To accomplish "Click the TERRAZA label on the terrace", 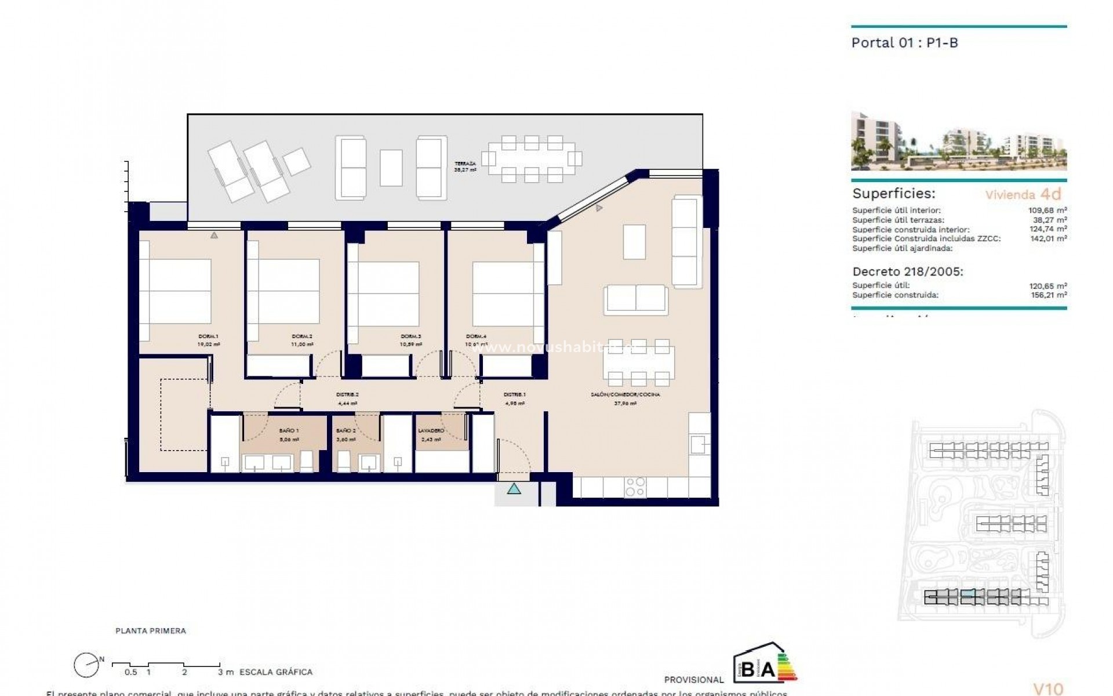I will (x=465, y=164).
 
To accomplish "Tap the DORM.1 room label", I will (x=208, y=336).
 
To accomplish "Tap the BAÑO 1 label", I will (x=289, y=431).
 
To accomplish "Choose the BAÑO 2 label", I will (x=346, y=431).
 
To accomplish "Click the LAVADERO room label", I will (x=431, y=431).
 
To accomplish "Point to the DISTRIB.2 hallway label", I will (x=347, y=394).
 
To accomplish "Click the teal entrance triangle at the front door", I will (x=514, y=489).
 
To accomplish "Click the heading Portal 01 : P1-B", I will (x=904, y=42).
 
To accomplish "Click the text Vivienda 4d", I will (x=1023, y=194).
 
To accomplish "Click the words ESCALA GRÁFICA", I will (x=275, y=672).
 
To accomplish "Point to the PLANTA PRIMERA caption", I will (x=151, y=631).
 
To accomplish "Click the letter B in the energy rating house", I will (x=748, y=670).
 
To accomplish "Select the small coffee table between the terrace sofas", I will (x=391, y=168).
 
